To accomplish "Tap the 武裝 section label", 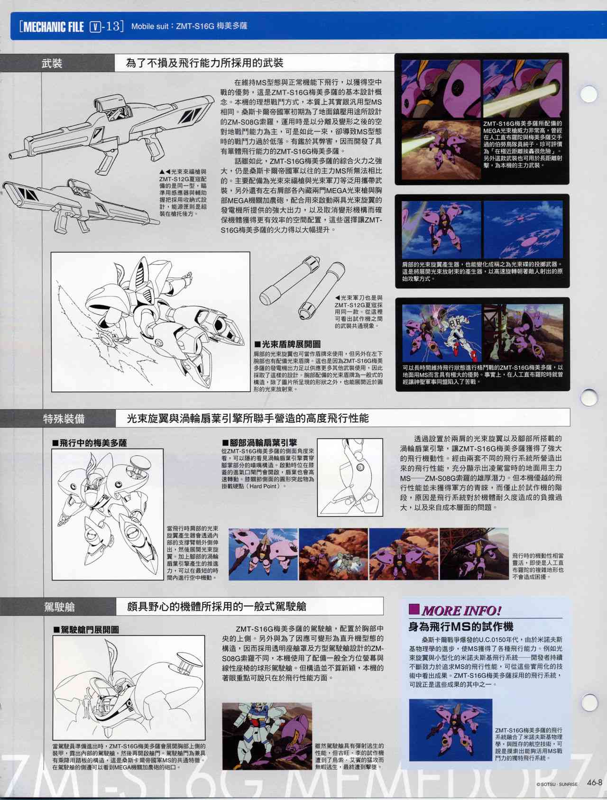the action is click(52, 63).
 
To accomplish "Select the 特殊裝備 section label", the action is click(64, 418).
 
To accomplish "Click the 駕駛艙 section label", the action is click(59, 607).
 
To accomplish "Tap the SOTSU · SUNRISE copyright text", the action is click(557, 784).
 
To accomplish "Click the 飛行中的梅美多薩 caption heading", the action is click(90, 443).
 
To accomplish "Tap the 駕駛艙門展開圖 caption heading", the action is click(86, 630).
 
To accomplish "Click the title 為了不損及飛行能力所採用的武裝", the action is click(205, 63).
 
